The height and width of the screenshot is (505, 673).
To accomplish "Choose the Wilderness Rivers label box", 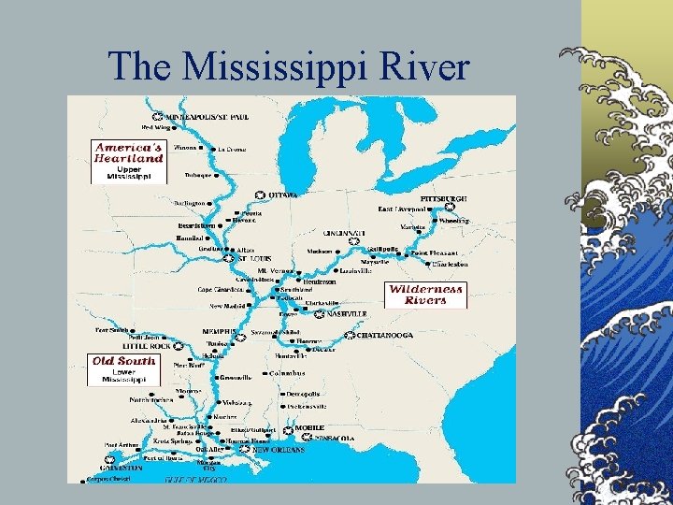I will tap(425, 295).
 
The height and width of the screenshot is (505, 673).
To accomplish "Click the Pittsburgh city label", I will tap(443, 199).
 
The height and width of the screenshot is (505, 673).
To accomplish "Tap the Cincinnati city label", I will tap(345, 232).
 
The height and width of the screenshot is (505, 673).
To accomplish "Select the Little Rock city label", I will tap(147, 344).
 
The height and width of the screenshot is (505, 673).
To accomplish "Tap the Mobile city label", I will tap(309, 427).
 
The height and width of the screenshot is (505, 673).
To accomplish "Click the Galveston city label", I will tap(122, 468).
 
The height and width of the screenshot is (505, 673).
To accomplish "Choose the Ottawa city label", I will tap(283, 195).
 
